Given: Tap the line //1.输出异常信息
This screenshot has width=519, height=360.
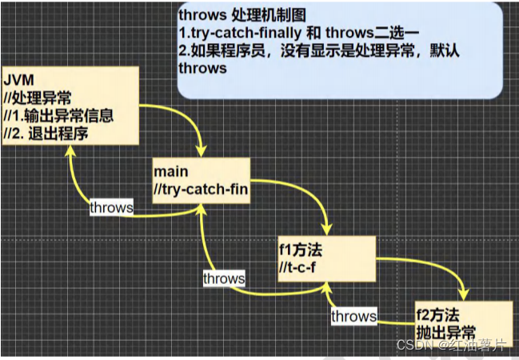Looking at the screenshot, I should tap(58, 115).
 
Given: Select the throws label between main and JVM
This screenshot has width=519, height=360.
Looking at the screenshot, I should tap(111, 206).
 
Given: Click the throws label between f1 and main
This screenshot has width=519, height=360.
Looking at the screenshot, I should tap(224, 278).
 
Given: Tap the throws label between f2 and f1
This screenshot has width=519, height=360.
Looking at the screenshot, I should tap(353, 316).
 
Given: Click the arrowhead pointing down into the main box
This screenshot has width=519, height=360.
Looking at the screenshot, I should tap(200, 152).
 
